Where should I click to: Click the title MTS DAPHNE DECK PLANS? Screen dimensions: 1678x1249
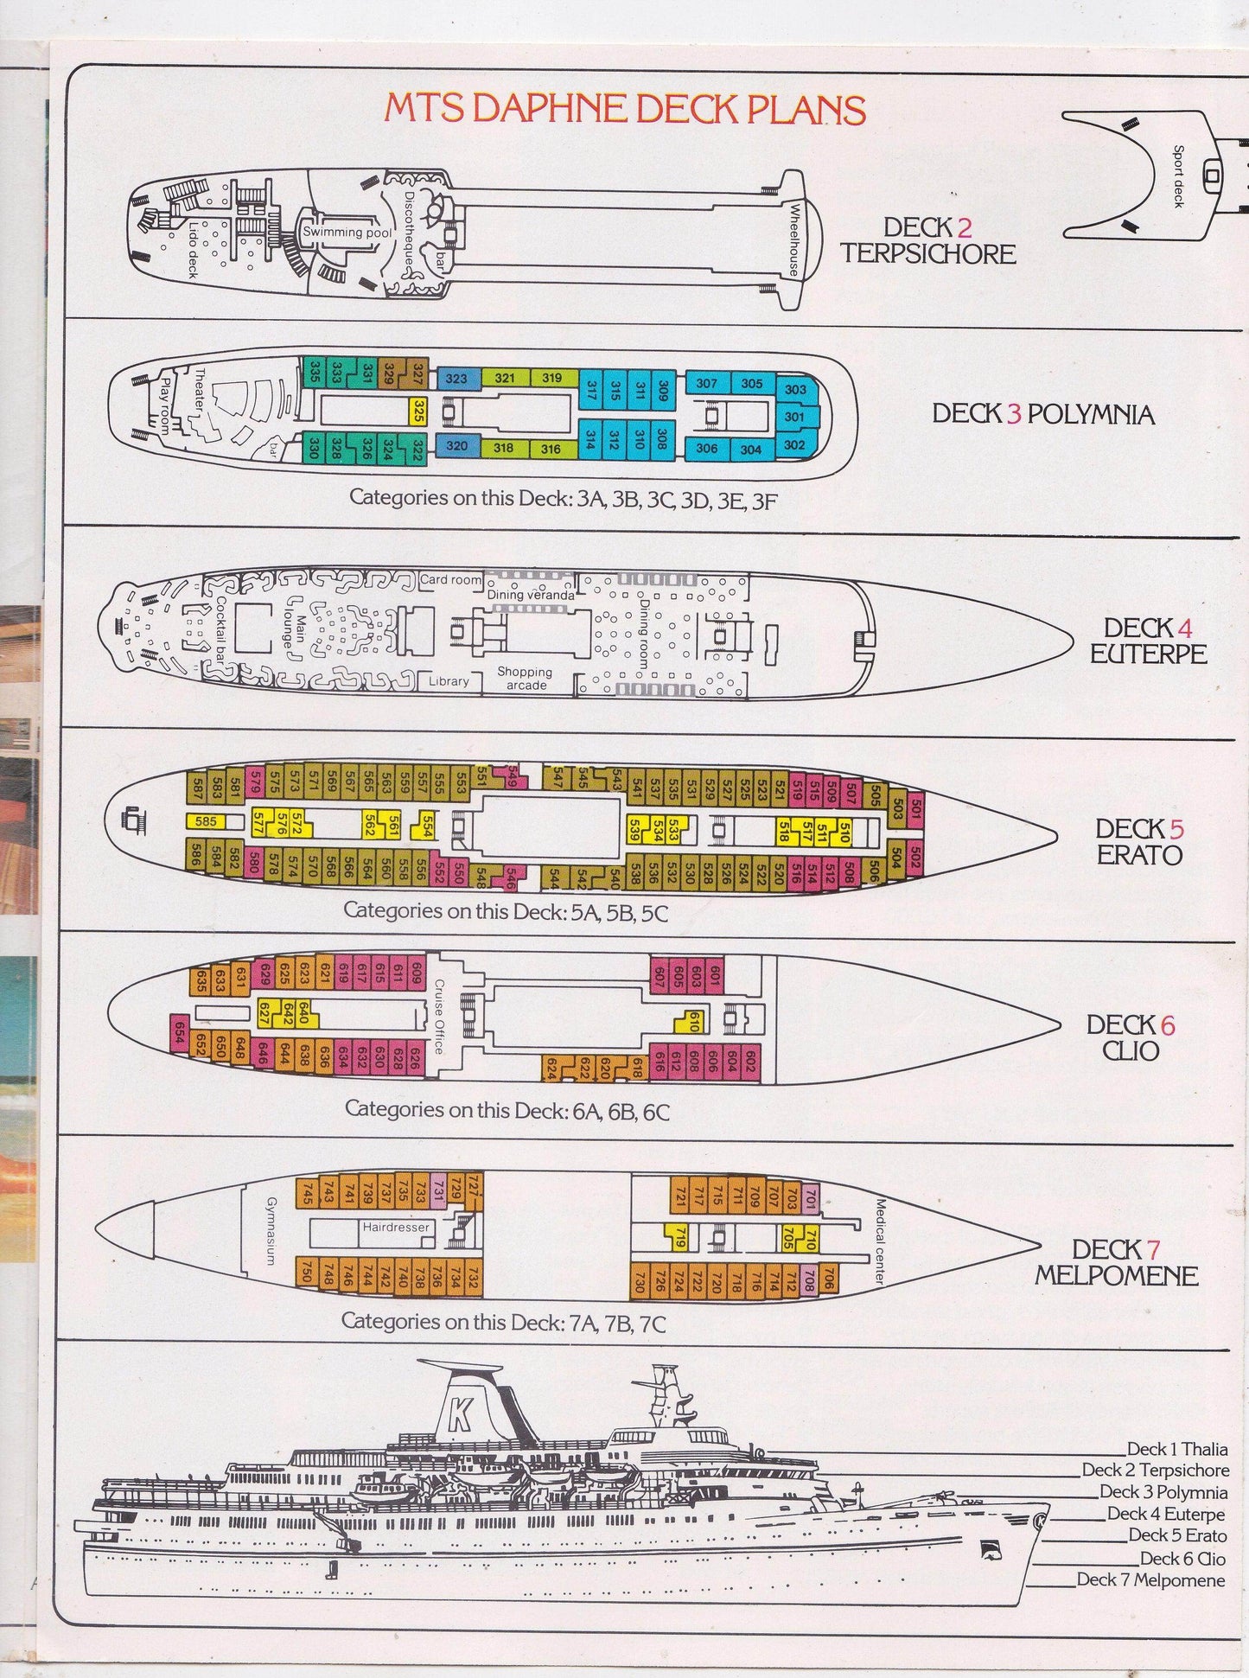pos(625,110)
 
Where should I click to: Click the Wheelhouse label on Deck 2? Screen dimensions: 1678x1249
pos(794,239)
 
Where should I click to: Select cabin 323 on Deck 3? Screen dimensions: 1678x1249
pos(456,379)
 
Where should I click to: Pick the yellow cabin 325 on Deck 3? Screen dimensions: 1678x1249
pos(417,412)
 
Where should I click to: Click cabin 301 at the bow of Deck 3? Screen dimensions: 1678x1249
pos(794,418)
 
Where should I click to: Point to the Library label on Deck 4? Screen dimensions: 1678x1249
pos(449,681)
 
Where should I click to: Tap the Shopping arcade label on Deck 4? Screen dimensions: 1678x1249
pos(525,679)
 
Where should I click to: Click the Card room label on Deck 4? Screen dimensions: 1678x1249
pos(450,579)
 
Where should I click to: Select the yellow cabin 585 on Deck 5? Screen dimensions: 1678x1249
pos(206,821)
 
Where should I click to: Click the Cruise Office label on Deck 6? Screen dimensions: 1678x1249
pos(439,1016)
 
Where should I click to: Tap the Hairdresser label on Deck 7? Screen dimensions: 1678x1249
pos(396,1227)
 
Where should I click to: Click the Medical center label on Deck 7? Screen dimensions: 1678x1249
pos(880,1241)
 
